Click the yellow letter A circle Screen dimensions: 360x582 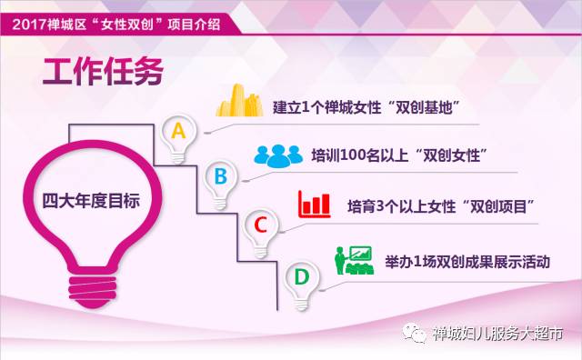[179, 131]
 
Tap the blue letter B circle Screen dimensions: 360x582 [218, 175]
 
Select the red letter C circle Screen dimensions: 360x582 [259, 224]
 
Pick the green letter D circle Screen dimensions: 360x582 [300, 275]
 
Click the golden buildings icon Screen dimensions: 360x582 [239, 101]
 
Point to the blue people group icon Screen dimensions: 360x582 [277, 155]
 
